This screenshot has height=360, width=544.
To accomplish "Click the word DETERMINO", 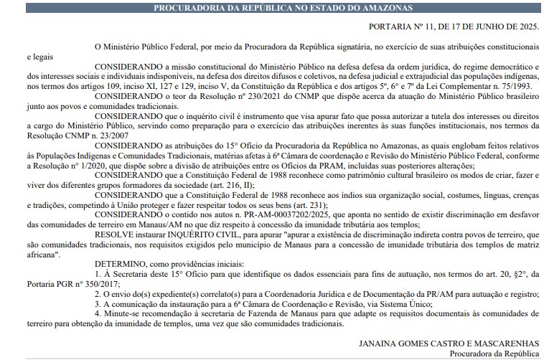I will pyautogui.click(x=122, y=264).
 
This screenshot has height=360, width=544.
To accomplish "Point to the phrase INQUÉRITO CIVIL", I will pyautogui.click(x=212, y=235).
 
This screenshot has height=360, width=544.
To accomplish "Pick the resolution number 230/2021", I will pyautogui.click(x=266, y=96).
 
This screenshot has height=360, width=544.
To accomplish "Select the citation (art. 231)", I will pyautogui.click(x=265, y=204).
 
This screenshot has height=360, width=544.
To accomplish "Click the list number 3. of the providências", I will pyautogui.click(x=98, y=303).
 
